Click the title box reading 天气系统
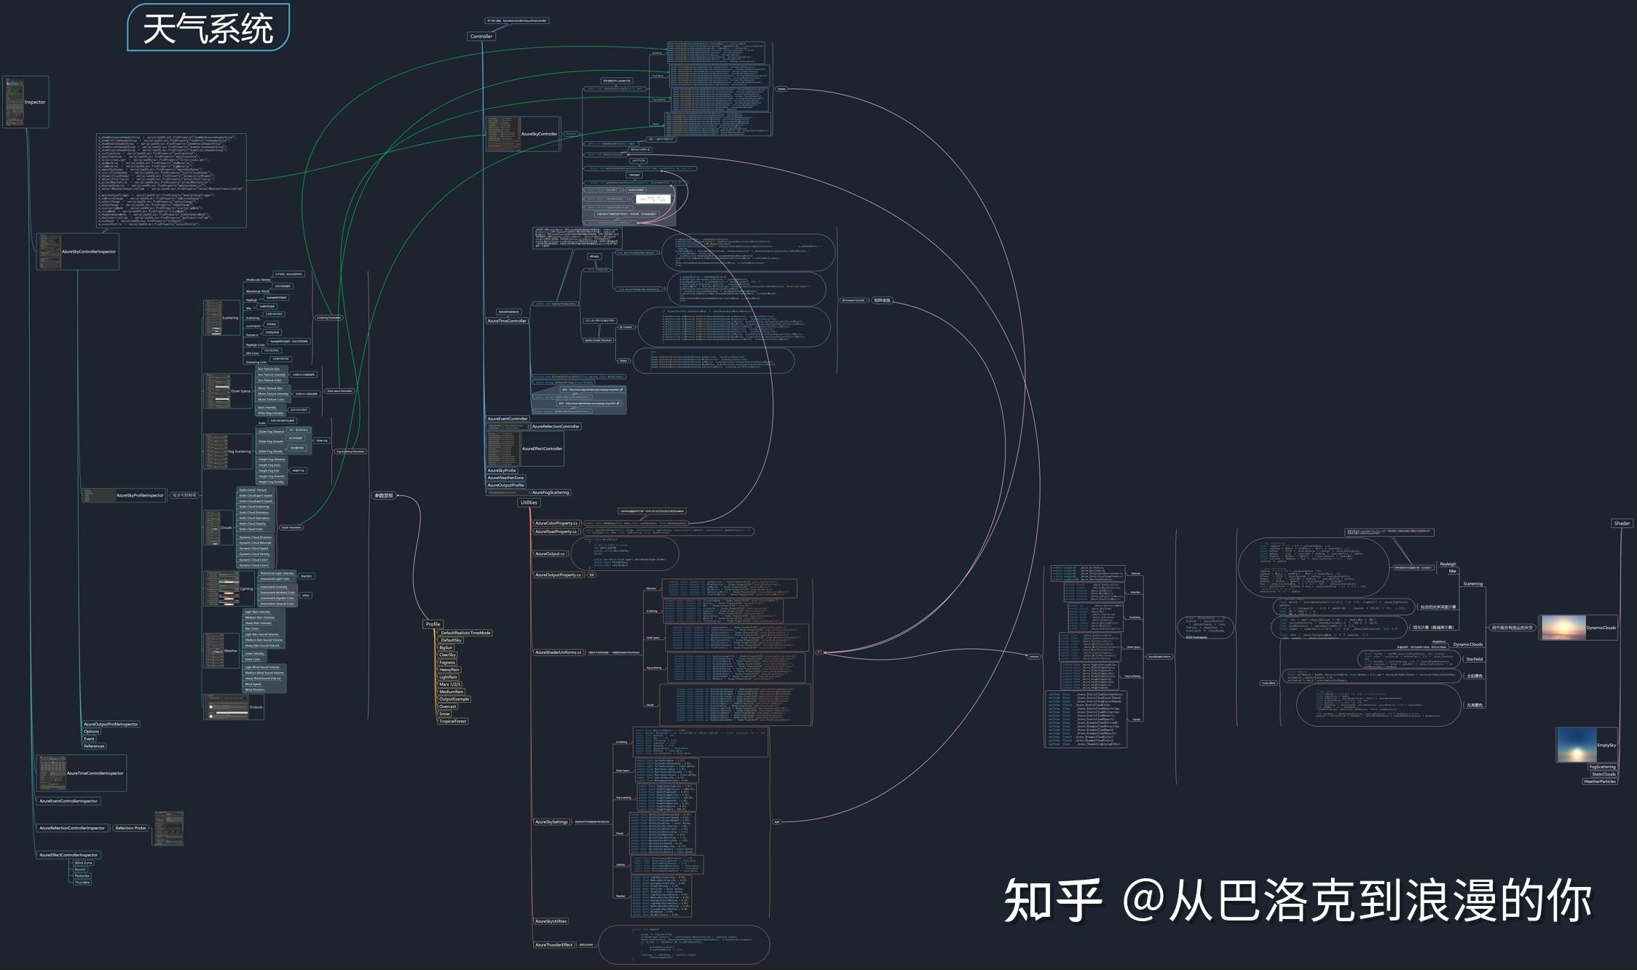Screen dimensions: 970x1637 tap(208, 28)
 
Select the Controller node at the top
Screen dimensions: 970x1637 tap(481, 36)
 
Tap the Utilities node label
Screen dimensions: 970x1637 tap(529, 502)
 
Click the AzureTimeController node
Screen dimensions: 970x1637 tap(507, 321)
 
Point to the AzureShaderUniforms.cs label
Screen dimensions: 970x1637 tap(559, 652)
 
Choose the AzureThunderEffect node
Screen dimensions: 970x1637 tap(554, 945)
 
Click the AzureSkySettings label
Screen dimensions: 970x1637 tap(552, 822)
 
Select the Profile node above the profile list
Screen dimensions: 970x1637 tap(433, 624)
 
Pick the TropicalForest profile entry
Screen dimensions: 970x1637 tap(453, 722)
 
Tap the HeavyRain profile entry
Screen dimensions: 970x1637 tap(449, 670)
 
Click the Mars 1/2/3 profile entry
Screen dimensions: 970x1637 tap(449, 685)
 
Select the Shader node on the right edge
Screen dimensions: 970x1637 tap(1622, 524)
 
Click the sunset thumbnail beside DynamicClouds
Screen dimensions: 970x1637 tap(1563, 627)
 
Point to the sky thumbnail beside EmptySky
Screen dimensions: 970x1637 tap(1575, 745)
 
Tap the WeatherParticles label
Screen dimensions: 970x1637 tap(1600, 781)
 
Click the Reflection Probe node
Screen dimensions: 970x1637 tap(130, 828)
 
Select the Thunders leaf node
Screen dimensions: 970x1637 tap(82, 883)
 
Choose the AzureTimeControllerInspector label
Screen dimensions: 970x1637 tap(95, 773)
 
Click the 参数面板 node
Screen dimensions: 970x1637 tap(384, 496)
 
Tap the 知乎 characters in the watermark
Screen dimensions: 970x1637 tap(1052, 902)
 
